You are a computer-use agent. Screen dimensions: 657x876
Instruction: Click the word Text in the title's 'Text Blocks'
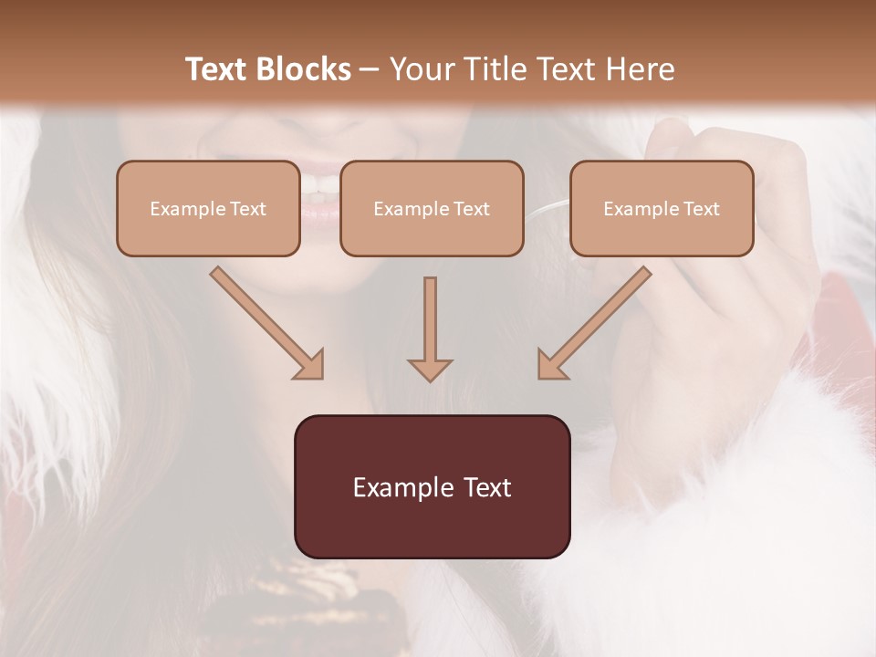[218, 69]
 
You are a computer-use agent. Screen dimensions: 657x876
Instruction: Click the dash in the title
[370, 69]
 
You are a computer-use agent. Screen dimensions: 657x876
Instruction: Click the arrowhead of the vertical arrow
[430, 369]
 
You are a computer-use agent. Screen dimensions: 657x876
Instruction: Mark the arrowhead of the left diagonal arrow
[310, 365]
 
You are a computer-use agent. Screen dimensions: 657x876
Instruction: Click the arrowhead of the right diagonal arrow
[551, 365]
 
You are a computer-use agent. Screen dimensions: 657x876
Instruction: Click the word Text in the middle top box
[471, 209]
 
